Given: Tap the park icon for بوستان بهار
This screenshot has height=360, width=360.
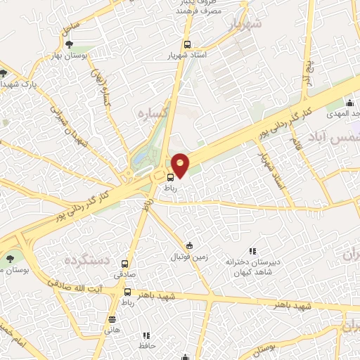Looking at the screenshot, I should [x=68, y=44].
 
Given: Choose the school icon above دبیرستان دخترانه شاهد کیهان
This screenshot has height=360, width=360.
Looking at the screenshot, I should [x=253, y=251].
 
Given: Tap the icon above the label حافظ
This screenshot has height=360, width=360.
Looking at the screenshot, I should [x=146, y=336].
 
